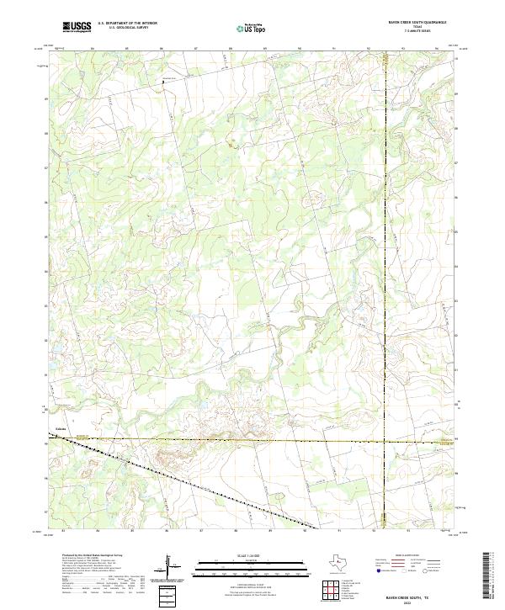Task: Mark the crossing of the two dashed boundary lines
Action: tap(385, 439)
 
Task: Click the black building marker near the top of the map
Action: tap(163, 82)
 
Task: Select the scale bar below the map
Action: tap(252, 569)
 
